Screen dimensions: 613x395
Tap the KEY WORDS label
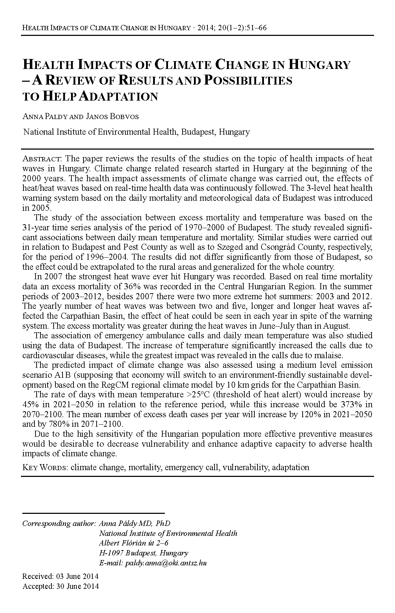point(45,467)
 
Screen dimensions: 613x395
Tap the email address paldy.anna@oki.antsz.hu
point(166,563)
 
